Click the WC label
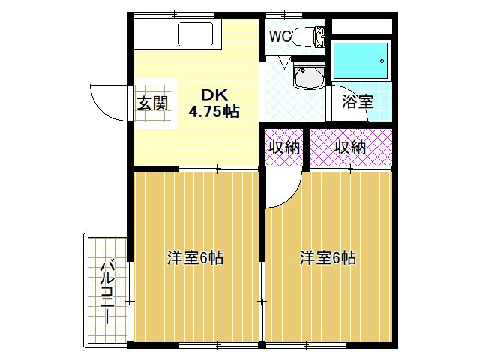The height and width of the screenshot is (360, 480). (280, 36)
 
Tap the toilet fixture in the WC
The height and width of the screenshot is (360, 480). (304, 36)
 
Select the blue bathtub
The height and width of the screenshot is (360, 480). (361, 60)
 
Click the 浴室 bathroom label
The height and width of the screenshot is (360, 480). (358, 101)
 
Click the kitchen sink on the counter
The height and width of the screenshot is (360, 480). (196, 34)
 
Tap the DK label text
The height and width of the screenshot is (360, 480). (212, 94)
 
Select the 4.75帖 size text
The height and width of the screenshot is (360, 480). (214, 112)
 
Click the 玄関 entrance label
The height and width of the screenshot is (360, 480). (152, 103)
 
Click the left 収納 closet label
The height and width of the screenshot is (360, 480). (285, 148)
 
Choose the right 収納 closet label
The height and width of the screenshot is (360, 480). (349, 148)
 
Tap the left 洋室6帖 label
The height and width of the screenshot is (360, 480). (195, 258)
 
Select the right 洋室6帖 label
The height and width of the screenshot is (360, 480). (328, 258)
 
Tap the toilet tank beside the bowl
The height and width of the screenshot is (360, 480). (321, 36)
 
